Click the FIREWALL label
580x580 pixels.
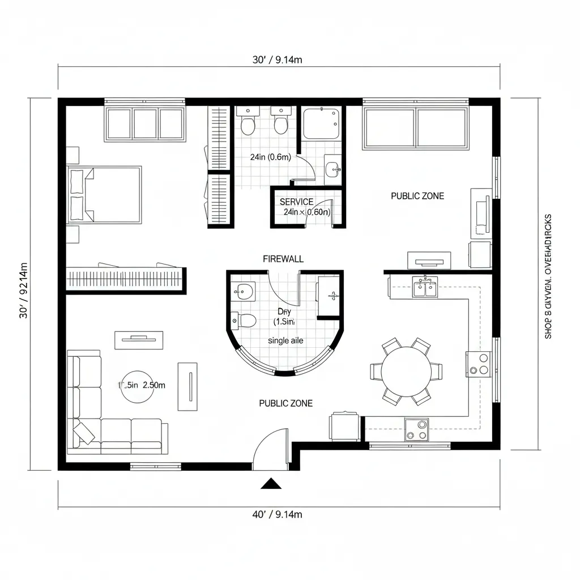tap(283, 259)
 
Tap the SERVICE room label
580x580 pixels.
tap(296, 202)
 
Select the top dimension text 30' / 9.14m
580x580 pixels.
tap(276, 61)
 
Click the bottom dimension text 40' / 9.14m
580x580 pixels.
tap(276, 514)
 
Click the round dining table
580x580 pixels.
tap(406, 372)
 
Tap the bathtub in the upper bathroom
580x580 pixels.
tap(321, 123)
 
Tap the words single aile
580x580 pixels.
tap(285, 341)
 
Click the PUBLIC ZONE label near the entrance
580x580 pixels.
tap(285, 403)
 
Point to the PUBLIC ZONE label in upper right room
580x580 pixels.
tap(417, 196)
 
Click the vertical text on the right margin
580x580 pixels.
tap(548, 276)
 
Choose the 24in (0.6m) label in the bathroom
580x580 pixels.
tap(271, 158)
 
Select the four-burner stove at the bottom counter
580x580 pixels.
tap(416, 430)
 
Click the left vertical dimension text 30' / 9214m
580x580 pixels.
tap(24, 290)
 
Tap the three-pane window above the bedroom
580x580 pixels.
tap(144, 123)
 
